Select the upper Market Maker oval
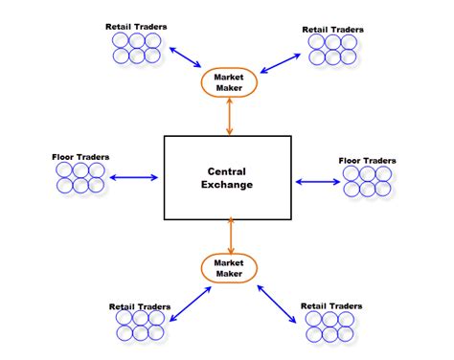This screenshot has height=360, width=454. [x=229, y=82]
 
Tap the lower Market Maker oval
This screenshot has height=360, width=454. [x=229, y=269]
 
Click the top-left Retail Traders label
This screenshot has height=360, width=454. [x=136, y=26]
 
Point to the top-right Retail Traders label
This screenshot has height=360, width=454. [x=332, y=29]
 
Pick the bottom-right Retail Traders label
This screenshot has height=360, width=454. [x=331, y=306]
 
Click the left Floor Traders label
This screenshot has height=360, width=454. [x=81, y=155]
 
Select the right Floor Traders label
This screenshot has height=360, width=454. [x=369, y=160]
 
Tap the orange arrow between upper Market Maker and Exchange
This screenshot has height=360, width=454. [x=229, y=116]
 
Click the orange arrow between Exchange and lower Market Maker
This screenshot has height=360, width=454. [x=230, y=236]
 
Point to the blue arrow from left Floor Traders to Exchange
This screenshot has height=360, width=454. [x=134, y=177]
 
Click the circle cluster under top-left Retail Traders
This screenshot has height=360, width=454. [x=135, y=48]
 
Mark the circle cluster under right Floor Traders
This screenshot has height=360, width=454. [x=368, y=182]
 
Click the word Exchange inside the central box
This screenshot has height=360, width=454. [x=230, y=185]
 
